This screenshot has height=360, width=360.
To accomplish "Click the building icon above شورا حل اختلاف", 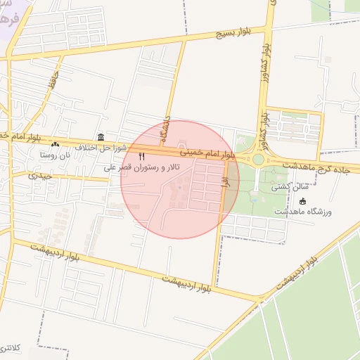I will coord(101,136).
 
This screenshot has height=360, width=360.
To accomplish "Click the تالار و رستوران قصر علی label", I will coord(142,167).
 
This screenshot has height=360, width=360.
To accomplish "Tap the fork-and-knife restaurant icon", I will coord(143,156).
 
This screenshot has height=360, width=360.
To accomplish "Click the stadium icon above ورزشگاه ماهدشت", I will coord(303,201).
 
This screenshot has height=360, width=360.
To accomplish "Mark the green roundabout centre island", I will coord(259,160).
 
